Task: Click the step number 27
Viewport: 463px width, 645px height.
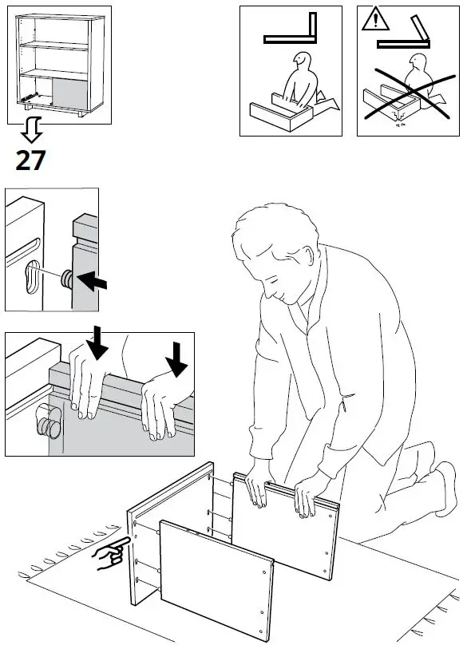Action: [x=30, y=160]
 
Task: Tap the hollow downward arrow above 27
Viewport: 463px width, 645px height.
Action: [x=32, y=129]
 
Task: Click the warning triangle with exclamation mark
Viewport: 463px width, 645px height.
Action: [x=375, y=20]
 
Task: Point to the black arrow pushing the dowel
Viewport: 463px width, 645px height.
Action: [x=92, y=281]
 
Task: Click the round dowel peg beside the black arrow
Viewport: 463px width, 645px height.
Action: [x=66, y=279]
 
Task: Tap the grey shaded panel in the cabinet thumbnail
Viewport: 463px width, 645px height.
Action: [x=70, y=93]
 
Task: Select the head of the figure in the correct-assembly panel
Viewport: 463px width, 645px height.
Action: [x=303, y=61]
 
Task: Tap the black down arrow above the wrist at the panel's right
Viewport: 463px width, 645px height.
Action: [x=176, y=359]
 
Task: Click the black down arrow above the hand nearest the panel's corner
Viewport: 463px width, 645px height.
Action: [x=97, y=342]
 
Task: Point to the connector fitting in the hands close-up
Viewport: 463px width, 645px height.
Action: [x=49, y=421]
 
